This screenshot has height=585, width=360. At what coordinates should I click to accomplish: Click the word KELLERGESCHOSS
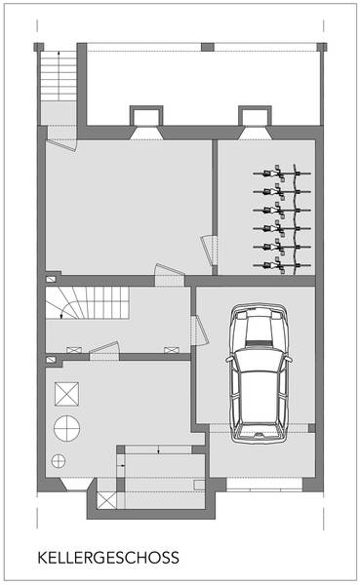click(x=108, y=558)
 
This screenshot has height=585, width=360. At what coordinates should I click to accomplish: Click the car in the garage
click(x=259, y=373)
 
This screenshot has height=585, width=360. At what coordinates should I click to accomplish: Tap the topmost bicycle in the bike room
click(x=282, y=173)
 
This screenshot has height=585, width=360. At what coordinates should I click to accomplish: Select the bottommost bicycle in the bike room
click(x=282, y=265)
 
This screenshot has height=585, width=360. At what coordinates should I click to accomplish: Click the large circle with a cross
click(x=67, y=428)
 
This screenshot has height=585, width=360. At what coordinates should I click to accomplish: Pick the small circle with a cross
click(x=59, y=461)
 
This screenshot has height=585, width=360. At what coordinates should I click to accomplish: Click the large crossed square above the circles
click(x=67, y=394)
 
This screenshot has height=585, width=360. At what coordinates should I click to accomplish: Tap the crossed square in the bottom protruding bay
click(x=106, y=500)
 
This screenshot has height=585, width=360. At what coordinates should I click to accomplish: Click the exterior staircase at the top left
click(x=59, y=76)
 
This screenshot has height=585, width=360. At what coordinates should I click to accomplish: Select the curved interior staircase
click(x=88, y=302)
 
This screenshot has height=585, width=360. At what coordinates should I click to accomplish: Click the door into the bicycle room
click(x=210, y=251)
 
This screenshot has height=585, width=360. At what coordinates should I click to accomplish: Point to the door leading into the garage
click(x=200, y=331)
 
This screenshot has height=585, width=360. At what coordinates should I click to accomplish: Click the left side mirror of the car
click(x=229, y=359)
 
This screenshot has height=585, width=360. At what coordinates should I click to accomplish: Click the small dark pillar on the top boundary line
click(x=208, y=47)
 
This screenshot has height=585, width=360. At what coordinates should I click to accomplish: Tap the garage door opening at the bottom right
click(x=264, y=484)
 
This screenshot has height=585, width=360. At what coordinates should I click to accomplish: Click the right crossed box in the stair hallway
click(x=172, y=350)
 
